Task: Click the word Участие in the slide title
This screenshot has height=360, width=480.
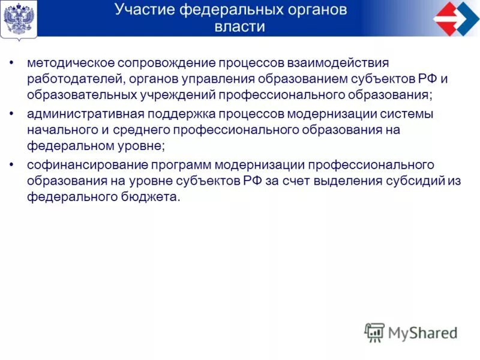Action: click(142, 10)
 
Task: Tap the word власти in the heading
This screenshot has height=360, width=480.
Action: click(239, 27)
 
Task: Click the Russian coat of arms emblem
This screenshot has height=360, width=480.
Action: click(19, 19)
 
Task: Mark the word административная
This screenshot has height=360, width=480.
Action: click(80, 114)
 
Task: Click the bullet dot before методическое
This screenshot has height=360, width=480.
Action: click(12, 63)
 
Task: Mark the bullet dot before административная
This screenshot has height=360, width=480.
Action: click(12, 114)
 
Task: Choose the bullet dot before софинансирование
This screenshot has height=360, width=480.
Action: click(12, 164)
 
